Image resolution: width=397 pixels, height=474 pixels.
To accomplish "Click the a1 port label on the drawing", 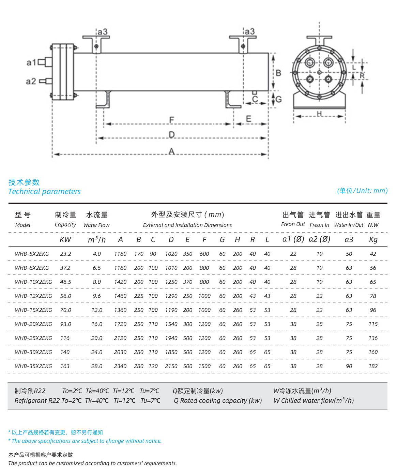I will point(31,63).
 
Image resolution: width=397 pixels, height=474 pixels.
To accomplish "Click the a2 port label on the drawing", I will point(31,82).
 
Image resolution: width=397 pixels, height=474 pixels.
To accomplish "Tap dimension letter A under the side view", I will point(171,151).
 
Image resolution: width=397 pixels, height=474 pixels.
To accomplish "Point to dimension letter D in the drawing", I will point(171,135).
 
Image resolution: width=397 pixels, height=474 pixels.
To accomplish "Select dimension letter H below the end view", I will point(319,114).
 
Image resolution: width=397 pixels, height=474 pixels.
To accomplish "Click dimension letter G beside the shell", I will point(278,99).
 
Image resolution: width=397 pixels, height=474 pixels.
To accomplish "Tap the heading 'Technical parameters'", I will point(44,192).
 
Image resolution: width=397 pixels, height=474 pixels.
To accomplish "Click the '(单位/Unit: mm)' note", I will point(362,191).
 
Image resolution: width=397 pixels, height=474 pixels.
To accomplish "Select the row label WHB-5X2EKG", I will point(32,254).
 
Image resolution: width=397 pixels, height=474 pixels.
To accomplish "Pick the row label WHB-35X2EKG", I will point(33,366).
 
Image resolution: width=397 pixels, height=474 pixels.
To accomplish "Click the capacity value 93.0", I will point(66,324).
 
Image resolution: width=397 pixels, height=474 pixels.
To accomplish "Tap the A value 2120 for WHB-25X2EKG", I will point(120,338).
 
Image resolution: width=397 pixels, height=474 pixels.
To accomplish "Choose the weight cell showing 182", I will point(373,366).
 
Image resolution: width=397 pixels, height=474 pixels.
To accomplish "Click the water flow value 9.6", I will point(97,296).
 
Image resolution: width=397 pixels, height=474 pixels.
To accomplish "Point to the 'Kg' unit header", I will point(373,240).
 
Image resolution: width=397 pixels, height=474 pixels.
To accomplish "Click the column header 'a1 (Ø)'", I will point(293,239).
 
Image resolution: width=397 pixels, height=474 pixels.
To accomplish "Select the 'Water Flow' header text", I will point(96,225).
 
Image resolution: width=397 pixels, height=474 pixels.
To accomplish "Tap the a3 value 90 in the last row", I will point(349,366).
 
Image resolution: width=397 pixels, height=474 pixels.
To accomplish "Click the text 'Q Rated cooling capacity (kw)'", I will point(218,401).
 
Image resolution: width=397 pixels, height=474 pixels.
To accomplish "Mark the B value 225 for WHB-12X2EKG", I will point(139,296).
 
